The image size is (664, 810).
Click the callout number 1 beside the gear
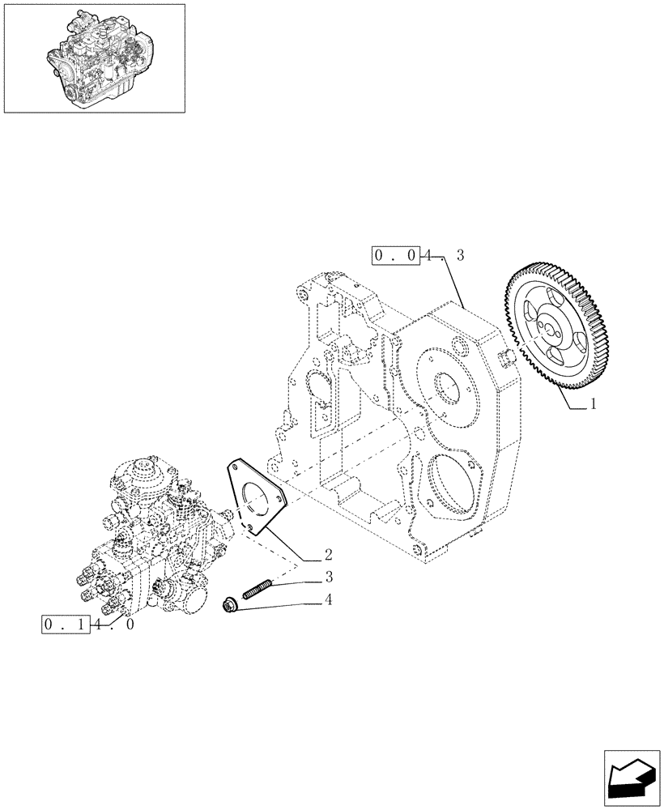[x=594, y=403]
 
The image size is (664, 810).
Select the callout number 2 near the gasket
[x=328, y=555]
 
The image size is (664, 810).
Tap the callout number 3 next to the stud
[x=328, y=578]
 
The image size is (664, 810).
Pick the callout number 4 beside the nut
[x=328, y=600]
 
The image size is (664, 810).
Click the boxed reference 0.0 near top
[x=396, y=256]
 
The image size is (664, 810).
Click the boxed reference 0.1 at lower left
[x=63, y=625]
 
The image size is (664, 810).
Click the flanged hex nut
[x=230, y=604]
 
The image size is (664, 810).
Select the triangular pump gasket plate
[x=255, y=499]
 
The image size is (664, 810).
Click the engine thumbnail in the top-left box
[x=94, y=58]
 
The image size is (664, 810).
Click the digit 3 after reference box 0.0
[x=460, y=256]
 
